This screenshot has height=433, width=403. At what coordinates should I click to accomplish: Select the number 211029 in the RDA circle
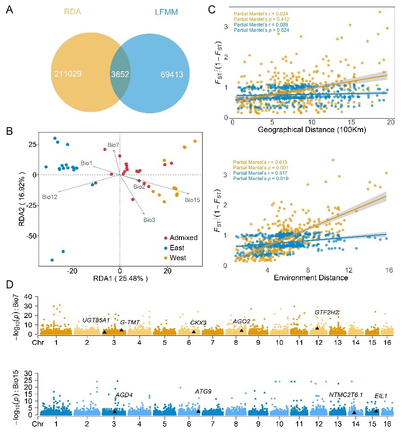pyautogui.click(x=67, y=73)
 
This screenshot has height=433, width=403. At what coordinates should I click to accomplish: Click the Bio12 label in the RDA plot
pyautogui.click(x=50, y=196)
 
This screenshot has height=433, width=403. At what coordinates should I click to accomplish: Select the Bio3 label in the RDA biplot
pyautogui.click(x=149, y=220)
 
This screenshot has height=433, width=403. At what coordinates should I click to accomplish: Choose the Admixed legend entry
pyautogui.click(x=183, y=238)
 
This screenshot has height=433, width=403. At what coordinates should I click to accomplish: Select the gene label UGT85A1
pyautogui.click(x=96, y=320)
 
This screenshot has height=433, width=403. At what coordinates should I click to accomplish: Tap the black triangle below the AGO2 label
pyautogui.click(x=242, y=330)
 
